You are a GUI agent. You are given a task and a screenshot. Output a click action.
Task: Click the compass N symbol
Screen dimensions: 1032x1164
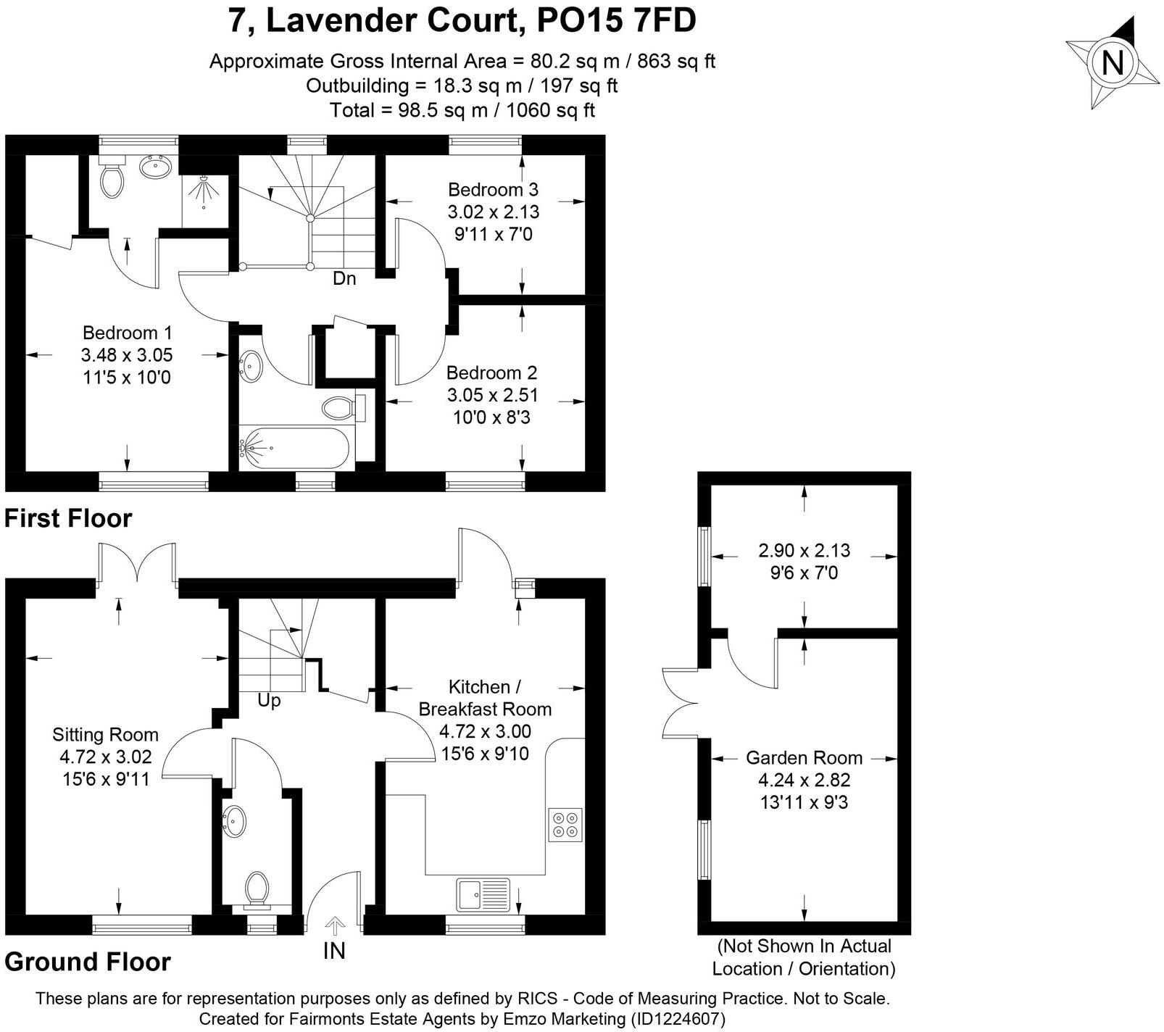point(1111,62)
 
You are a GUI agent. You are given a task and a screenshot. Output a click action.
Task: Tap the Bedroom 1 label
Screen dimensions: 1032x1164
point(128,333)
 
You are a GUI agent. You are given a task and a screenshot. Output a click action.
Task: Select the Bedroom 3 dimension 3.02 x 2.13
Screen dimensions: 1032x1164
point(493,212)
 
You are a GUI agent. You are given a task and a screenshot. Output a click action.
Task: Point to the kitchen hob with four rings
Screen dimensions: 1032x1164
point(565,824)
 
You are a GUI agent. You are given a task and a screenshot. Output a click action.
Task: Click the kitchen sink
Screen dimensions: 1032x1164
point(483,894)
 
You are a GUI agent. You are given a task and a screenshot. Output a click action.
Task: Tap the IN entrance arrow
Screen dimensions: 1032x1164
point(334,927)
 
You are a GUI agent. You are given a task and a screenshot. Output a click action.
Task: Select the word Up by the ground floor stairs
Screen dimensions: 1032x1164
point(269,701)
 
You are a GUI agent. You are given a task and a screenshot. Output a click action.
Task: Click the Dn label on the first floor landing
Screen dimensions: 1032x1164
point(344,278)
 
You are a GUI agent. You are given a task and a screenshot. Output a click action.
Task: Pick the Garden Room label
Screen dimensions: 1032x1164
point(804,758)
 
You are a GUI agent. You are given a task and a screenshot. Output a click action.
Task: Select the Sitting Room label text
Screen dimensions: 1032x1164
point(105,735)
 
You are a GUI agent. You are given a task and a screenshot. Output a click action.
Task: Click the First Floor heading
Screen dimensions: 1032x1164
point(68,518)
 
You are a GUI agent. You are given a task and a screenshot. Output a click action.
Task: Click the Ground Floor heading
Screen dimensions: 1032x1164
point(88,962)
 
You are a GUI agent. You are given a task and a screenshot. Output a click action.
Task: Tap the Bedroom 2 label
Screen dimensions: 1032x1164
point(491,373)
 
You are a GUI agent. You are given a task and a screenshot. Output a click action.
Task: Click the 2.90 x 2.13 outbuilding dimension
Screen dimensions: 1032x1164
point(804,551)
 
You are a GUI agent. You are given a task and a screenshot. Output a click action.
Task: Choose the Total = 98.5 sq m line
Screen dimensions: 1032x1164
point(462,110)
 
